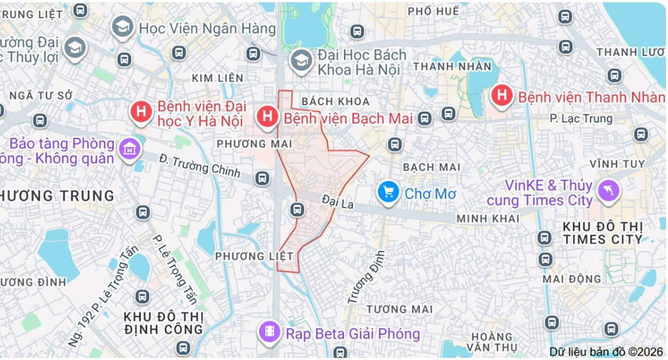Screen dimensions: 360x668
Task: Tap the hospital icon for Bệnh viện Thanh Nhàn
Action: pos(502,95)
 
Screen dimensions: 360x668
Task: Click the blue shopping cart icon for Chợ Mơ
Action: pos(387,192)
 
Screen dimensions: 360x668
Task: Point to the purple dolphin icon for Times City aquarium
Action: pos(608,190)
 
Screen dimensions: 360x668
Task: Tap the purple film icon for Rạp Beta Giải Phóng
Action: pos(270,332)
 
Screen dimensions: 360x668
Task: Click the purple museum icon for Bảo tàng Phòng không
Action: pos(129,149)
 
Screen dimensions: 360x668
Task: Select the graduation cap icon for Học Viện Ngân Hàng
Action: pos(122,27)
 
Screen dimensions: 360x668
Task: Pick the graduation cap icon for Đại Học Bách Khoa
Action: pos(301,61)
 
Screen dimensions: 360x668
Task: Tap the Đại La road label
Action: pos(337,202)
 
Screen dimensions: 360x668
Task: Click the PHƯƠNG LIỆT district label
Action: pos(244,255)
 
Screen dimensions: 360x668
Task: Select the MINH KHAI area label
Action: pos(488,219)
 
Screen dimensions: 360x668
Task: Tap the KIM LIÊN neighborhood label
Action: pos(217,78)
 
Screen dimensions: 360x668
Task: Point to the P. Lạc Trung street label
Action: pos(581,119)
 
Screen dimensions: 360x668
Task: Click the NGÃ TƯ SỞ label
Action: pos(40,94)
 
